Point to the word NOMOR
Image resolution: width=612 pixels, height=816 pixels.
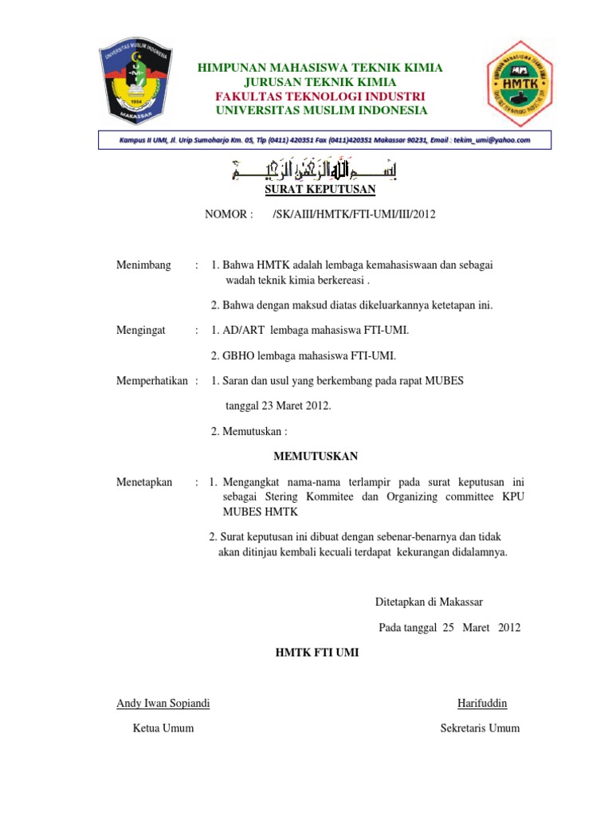[228, 214]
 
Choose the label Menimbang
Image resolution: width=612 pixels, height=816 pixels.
[143, 265]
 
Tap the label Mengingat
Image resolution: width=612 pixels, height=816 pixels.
[141, 330]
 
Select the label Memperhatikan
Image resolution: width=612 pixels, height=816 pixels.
[152, 381]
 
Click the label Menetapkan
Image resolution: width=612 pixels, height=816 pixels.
[144, 482]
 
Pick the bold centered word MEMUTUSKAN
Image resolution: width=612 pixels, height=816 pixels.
[316, 457]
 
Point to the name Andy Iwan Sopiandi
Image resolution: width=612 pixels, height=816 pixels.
[163, 703]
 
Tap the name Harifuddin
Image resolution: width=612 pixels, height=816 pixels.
[482, 703]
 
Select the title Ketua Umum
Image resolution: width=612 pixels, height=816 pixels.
[163, 728]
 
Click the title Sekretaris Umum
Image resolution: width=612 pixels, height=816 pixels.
[480, 728]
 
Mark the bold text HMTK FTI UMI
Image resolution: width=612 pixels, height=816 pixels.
[317, 653]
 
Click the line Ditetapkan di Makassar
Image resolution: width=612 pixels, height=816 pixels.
[429, 602]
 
